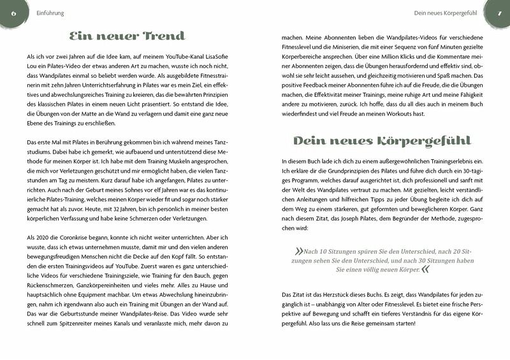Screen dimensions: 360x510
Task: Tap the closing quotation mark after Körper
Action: [x=425, y=270]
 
